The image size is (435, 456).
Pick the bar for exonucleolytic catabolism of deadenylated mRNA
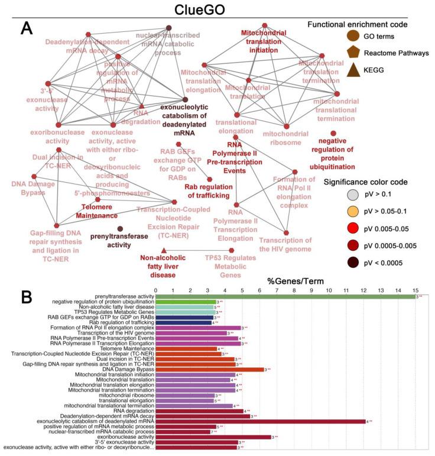(x=260, y=421)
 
